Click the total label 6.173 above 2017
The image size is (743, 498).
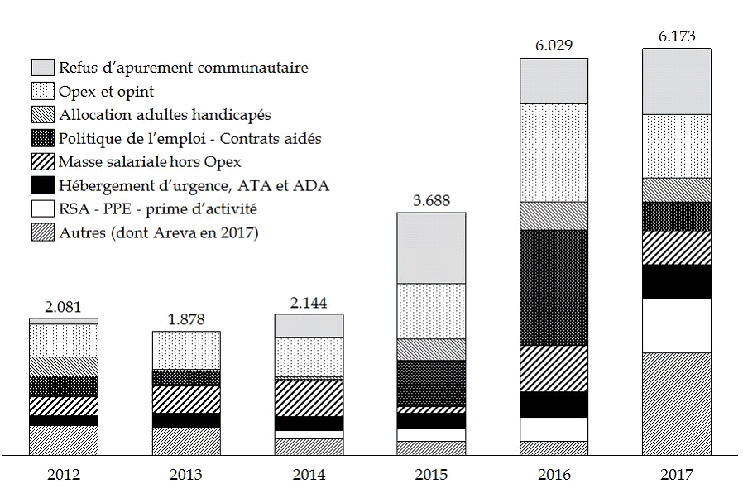[676, 36]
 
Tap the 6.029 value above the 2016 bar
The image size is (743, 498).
[554, 45]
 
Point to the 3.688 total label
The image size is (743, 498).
[431, 200]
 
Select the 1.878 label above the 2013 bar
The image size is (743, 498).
[186, 319]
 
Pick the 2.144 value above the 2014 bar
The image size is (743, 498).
[309, 302]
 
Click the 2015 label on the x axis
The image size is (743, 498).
[431, 475]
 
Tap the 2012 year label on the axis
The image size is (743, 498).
[63, 475]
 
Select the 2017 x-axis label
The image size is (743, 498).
[676, 475]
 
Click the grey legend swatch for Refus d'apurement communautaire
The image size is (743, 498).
[42, 68]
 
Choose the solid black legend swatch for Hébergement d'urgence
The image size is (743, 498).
[42, 185]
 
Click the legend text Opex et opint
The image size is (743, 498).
[105, 91]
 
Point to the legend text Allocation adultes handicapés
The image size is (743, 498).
[165, 114]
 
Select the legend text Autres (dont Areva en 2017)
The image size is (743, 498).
[159, 233]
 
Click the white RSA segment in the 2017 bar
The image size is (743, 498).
[676, 325]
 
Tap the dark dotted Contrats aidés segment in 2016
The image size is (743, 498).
[554, 287]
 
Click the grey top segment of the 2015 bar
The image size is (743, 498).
[431, 248]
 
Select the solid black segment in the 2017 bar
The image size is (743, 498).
[676, 281]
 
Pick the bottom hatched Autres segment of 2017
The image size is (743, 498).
[676, 404]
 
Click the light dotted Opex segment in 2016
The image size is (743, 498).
[554, 152]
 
